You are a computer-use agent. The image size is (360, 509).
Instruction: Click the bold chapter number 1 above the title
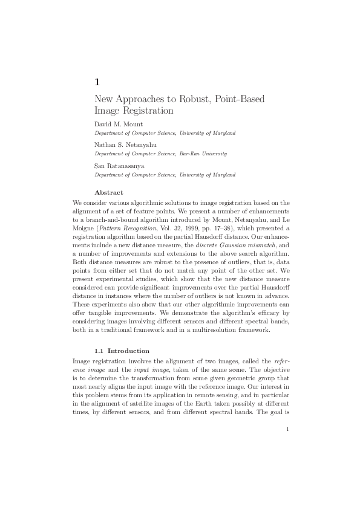coord(97,82)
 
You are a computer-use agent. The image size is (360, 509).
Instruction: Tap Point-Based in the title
coord(240,99)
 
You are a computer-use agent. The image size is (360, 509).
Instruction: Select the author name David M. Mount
coord(119,124)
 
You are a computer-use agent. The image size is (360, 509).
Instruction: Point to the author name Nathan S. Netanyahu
coord(125,145)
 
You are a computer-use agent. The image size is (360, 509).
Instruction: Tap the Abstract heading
coord(109,192)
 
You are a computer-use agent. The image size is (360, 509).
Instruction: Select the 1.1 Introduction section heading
coord(122,351)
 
